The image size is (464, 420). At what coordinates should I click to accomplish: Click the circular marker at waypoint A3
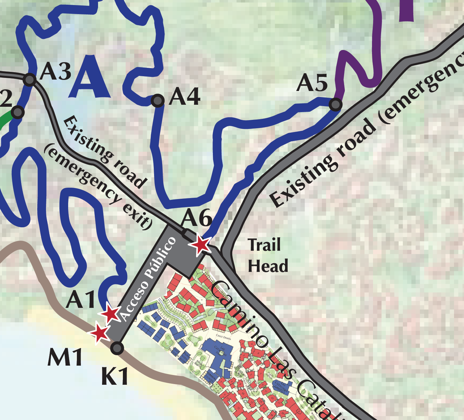click(x=30, y=80)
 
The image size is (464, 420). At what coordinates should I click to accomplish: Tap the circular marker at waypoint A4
click(x=157, y=100)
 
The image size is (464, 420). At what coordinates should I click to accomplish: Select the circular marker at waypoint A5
click(x=335, y=104)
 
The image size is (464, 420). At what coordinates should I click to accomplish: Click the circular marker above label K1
click(x=117, y=348)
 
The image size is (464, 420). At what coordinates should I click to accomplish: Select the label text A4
click(x=185, y=97)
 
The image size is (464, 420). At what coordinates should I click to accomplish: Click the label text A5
click(x=312, y=83)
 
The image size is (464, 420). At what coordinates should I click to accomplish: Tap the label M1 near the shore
click(x=65, y=358)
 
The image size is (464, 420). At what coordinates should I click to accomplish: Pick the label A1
click(x=81, y=299)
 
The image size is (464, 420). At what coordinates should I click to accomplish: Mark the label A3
click(x=55, y=71)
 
